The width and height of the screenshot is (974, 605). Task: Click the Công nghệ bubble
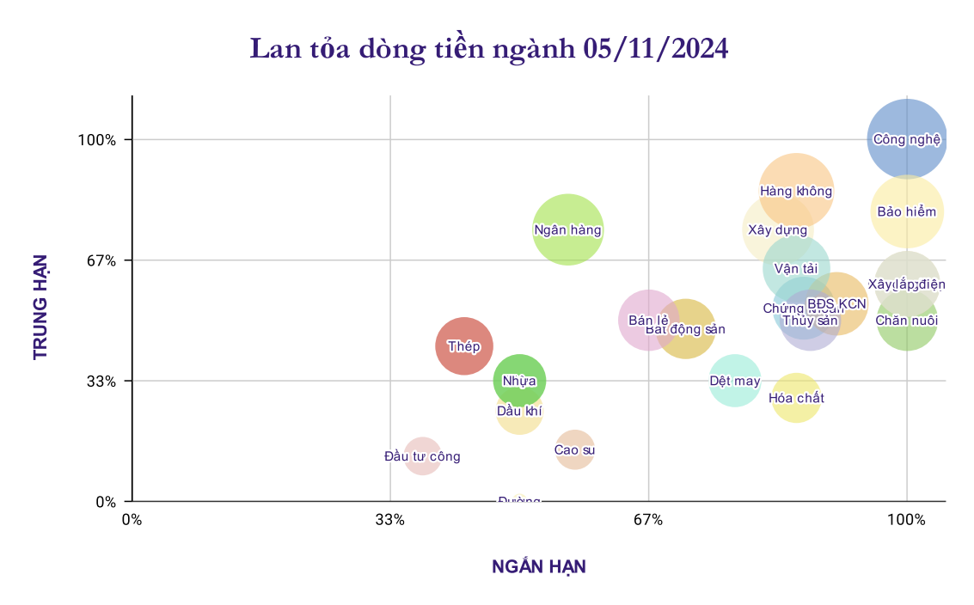click(x=907, y=139)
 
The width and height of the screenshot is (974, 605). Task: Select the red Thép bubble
click(x=464, y=346)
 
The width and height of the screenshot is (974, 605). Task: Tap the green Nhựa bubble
click(x=519, y=380)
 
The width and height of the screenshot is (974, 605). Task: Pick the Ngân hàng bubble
click(x=567, y=229)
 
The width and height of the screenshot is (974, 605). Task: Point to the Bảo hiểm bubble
click(x=907, y=211)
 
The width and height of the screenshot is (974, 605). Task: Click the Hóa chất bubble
click(x=796, y=398)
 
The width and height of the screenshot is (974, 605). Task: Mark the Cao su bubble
click(x=574, y=449)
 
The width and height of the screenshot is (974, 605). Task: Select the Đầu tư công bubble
click(x=422, y=456)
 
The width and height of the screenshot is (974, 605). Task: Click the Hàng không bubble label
click(x=796, y=191)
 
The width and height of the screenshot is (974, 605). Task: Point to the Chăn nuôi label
click(x=906, y=321)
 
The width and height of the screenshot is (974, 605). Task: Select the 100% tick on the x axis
click(x=906, y=520)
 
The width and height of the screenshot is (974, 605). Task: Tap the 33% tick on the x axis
click(x=390, y=520)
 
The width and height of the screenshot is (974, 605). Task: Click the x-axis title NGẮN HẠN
click(x=538, y=567)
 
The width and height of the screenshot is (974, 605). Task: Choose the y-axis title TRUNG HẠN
click(x=40, y=307)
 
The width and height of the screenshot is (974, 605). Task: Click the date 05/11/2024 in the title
click(x=655, y=49)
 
